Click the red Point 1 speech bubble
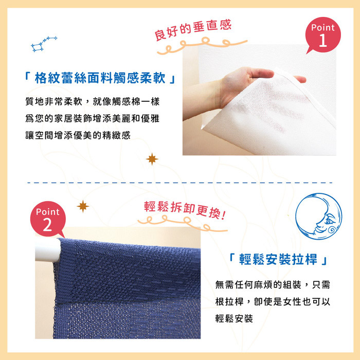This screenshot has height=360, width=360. pyautogui.click(x=323, y=35)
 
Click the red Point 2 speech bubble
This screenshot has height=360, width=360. pyautogui.click(x=48, y=219)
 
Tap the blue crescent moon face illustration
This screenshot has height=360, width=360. pyautogui.click(x=318, y=217)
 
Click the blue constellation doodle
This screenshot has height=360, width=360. pyautogui.click(x=44, y=44)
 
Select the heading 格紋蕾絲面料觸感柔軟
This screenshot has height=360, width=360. pyautogui.click(x=100, y=78)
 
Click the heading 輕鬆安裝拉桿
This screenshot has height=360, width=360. pyautogui.click(x=278, y=259)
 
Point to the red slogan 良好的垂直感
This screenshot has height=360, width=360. pyautogui.click(x=193, y=30)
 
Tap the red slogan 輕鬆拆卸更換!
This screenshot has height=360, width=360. pyautogui.click(x=185, y=210)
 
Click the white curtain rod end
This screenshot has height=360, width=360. pyautogui.click(x=48, y=250)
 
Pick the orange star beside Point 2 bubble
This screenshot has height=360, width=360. pyautogui.click(x=83, y=206)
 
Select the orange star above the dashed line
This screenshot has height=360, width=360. pyautogui.click(x=152, y=159)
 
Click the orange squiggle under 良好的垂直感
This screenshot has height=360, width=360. pyautogui.click(x=202, y=45)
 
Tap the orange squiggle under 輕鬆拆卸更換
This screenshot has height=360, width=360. pyautogui.click(x=183, y=223)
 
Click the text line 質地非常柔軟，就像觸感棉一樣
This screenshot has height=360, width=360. pyautogui.click(x=93, y=101)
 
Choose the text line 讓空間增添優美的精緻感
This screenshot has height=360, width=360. pyautogui.click(x=78, y=135)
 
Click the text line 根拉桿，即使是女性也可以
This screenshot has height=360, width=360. pyautogui.click(x=273, y=302)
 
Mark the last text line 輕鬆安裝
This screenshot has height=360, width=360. pyautogui.click(x=234, y=318)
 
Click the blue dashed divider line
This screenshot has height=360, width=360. pyautogui.click(x=180, y=183)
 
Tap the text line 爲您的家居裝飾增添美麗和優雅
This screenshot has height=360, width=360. pyautogui.click(x=93, y=118)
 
